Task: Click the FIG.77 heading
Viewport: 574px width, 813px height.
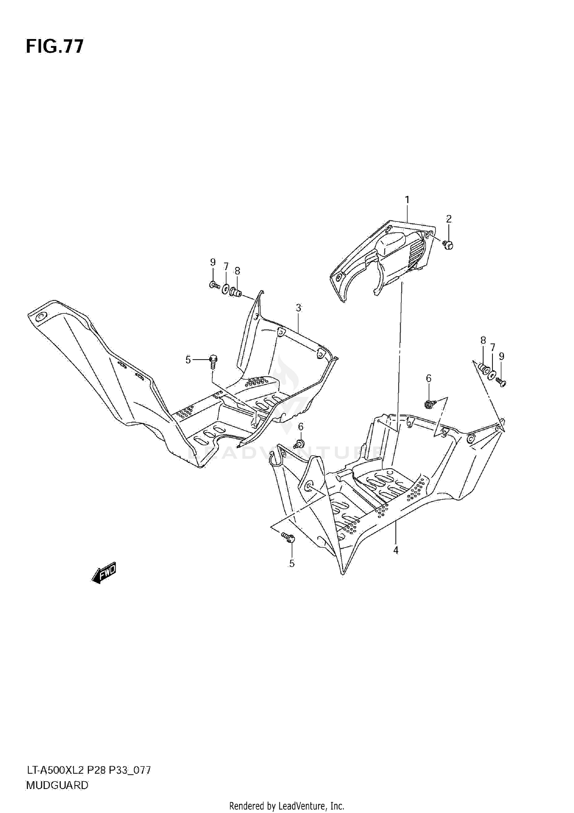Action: click(54, 47)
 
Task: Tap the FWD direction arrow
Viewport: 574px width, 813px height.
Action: click(104, 574)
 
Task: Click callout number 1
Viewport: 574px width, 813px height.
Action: click(407, 200)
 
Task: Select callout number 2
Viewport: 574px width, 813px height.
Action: click(449, 219)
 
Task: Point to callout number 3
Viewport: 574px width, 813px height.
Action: click(298, 308)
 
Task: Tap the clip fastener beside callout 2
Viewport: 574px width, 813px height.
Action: click(448, 245)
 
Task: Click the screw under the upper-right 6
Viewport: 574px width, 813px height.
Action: click(429, 404)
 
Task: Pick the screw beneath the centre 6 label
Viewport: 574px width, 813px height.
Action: click(299, 444)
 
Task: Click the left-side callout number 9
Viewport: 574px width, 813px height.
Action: click(213, 262)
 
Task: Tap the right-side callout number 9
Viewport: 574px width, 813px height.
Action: click(501, 356)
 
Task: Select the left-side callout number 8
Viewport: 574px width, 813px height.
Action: click(237, 271)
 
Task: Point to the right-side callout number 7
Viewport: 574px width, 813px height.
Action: click(492, 347)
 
